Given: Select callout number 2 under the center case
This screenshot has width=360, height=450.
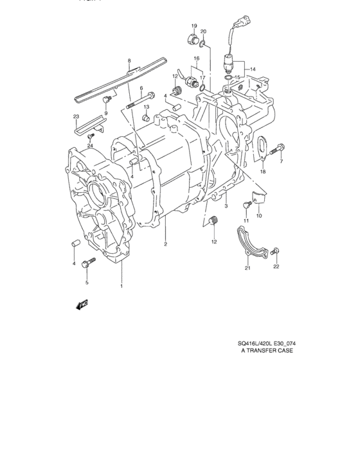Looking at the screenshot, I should (x=165, y=244).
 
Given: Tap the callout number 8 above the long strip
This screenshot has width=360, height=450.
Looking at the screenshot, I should (x=129, y=61).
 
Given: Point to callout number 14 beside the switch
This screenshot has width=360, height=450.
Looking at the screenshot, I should (x=253, y=69).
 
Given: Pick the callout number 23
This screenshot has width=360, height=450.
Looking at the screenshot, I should (x=76, y=116).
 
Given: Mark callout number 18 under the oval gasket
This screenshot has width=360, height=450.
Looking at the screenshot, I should (x=262, y=172).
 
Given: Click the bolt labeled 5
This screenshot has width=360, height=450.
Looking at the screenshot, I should (x=89, y=262).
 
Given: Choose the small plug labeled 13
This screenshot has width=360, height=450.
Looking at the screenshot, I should (x=146, y=118).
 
